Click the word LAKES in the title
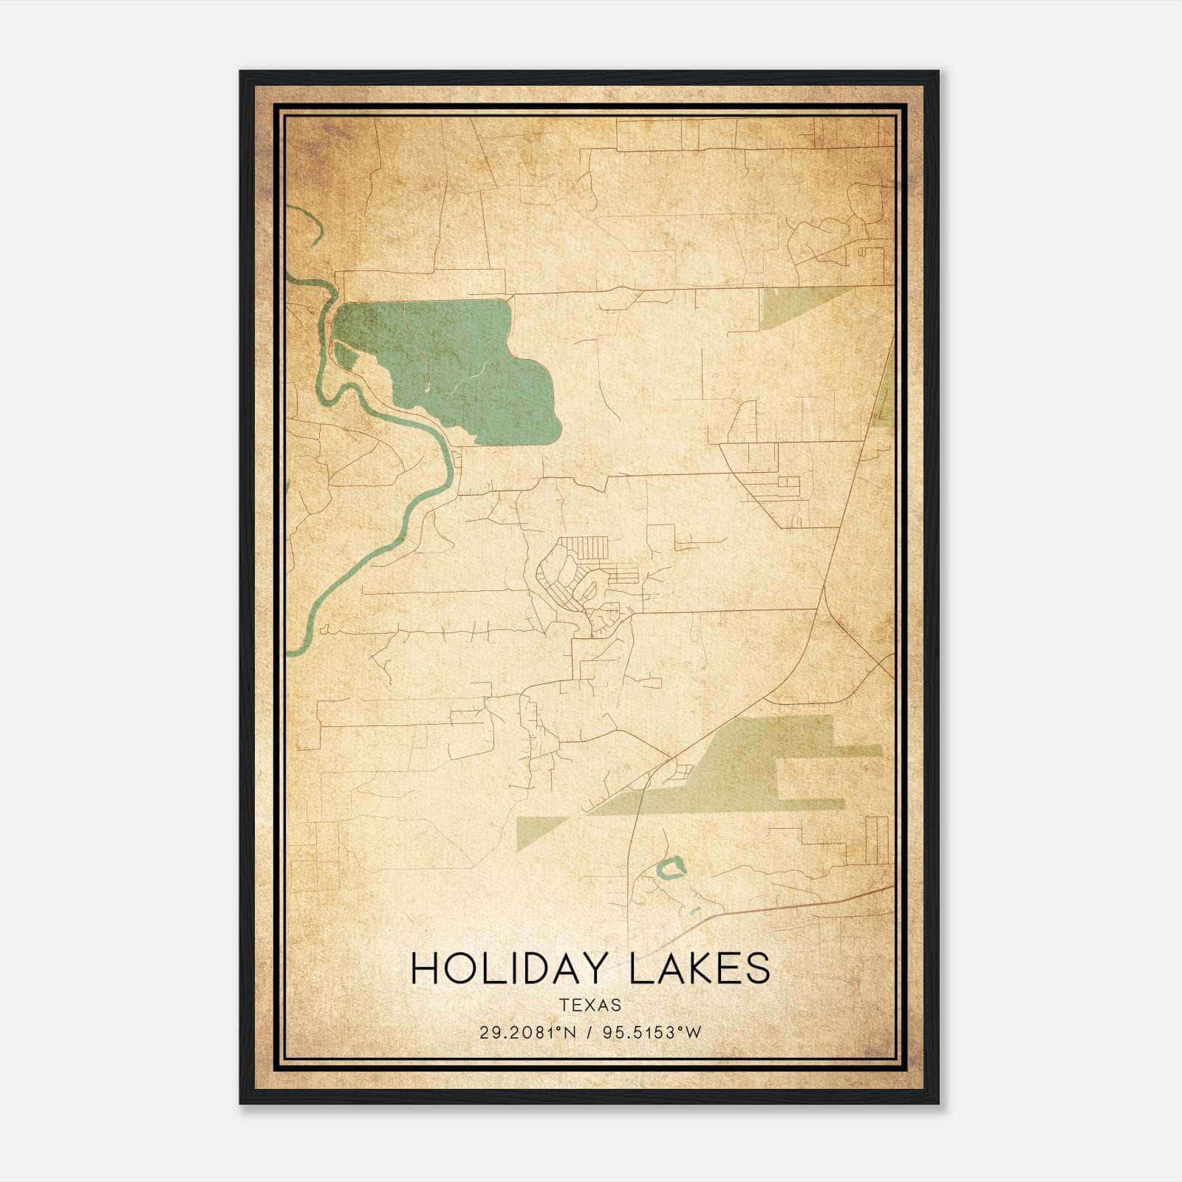coord(699,969)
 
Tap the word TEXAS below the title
coord(590,1005)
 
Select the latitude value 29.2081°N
coord(528,1033)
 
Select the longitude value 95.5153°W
coord(652,1033)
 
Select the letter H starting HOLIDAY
coord(424,969)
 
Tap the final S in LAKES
coord(757,969)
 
